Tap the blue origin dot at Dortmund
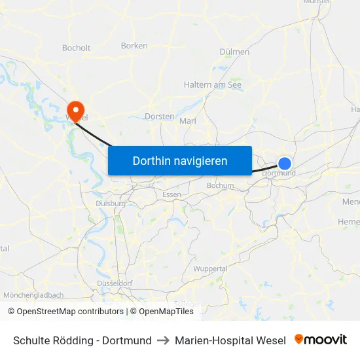[x=285, y=164]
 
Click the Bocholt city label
[x=76, y=48]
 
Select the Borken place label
[x=134, y=46]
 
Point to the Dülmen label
[x=235, y=52]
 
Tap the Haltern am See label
[x=212, y=84]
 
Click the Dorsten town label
[x=158, y=117]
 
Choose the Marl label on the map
[x=187, y=121]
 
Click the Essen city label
[x=171, y=194]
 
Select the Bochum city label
[x=220, y=186]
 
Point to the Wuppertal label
[x=211, y=269]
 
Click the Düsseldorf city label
[x=115, y=283]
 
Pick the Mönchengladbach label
[x=33, y=295]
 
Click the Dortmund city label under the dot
[x=279, y=173]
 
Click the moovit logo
[x=320, y=340]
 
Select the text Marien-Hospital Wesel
[x=230, y=340]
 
